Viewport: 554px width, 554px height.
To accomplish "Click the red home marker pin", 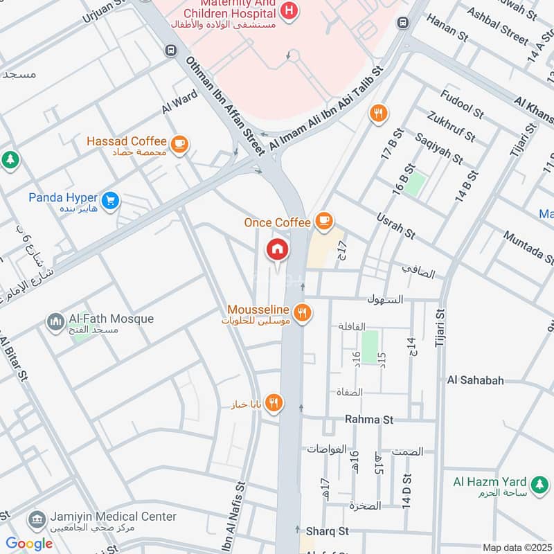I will point(277,249).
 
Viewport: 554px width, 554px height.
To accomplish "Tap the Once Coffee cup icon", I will point(323,221).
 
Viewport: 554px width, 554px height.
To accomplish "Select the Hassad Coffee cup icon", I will point(180,143).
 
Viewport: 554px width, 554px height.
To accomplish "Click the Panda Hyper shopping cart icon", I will point(109,201).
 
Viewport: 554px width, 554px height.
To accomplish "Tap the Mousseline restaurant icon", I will point(301,313).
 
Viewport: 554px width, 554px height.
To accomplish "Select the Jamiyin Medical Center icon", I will point(36,519).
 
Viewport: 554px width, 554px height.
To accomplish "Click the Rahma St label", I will point(369,420).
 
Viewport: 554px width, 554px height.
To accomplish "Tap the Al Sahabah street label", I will point(475,380).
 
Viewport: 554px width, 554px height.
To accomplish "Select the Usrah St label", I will point(395,226).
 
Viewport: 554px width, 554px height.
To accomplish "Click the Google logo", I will point(29,543).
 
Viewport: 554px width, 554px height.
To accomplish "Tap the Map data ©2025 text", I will point(515,547).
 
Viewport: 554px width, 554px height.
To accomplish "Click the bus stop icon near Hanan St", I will point(402,23).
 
